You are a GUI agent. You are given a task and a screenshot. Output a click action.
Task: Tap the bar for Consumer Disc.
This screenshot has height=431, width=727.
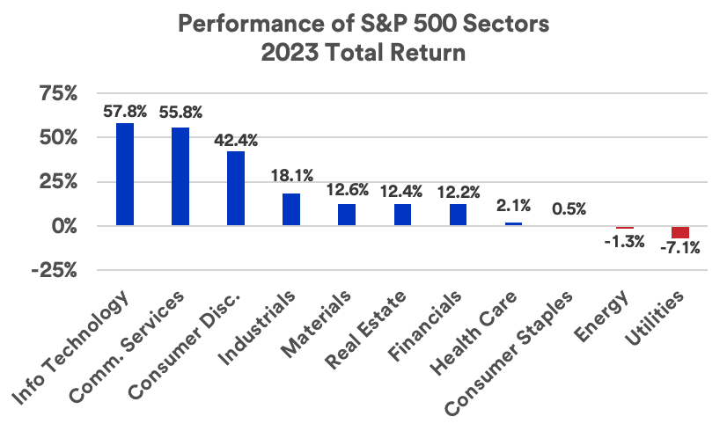[236, 188]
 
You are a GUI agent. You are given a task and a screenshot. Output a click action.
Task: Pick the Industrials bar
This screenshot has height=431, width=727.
[291, 209]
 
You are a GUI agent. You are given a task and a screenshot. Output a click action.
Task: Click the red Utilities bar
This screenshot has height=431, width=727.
[680, 232]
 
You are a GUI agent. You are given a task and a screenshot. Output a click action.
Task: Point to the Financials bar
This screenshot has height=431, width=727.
[458, 215]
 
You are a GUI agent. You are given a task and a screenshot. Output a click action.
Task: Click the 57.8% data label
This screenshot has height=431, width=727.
[125, 112]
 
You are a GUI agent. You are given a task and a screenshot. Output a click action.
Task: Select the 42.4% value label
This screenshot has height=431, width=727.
[236, 140]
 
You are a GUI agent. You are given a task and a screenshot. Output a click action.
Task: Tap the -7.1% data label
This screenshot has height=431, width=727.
[679, 248]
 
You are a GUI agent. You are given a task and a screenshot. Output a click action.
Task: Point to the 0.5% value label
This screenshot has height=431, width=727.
[569, 209]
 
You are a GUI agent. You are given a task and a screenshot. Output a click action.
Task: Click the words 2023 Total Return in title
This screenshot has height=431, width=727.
[362, 53]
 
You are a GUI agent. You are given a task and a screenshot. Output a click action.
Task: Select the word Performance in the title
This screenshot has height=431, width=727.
[230, 23]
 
